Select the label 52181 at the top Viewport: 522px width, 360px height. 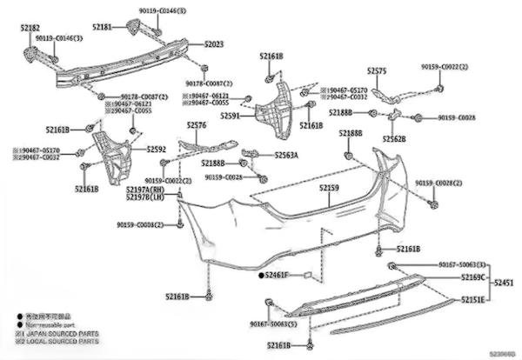(102, 27)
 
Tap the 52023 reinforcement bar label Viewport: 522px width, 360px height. (214, 43)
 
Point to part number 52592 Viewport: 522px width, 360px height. (157, 149)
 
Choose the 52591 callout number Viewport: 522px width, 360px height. (231, 115)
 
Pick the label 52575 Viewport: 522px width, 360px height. (377, 70)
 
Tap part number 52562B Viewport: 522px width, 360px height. (394, 139)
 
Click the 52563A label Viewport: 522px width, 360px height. (286, 155)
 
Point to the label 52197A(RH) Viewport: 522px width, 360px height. (145, 189)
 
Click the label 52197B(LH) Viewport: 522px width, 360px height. (145, 197)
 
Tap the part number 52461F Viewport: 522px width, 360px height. (284, 275)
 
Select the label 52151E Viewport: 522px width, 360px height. (473, 299)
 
